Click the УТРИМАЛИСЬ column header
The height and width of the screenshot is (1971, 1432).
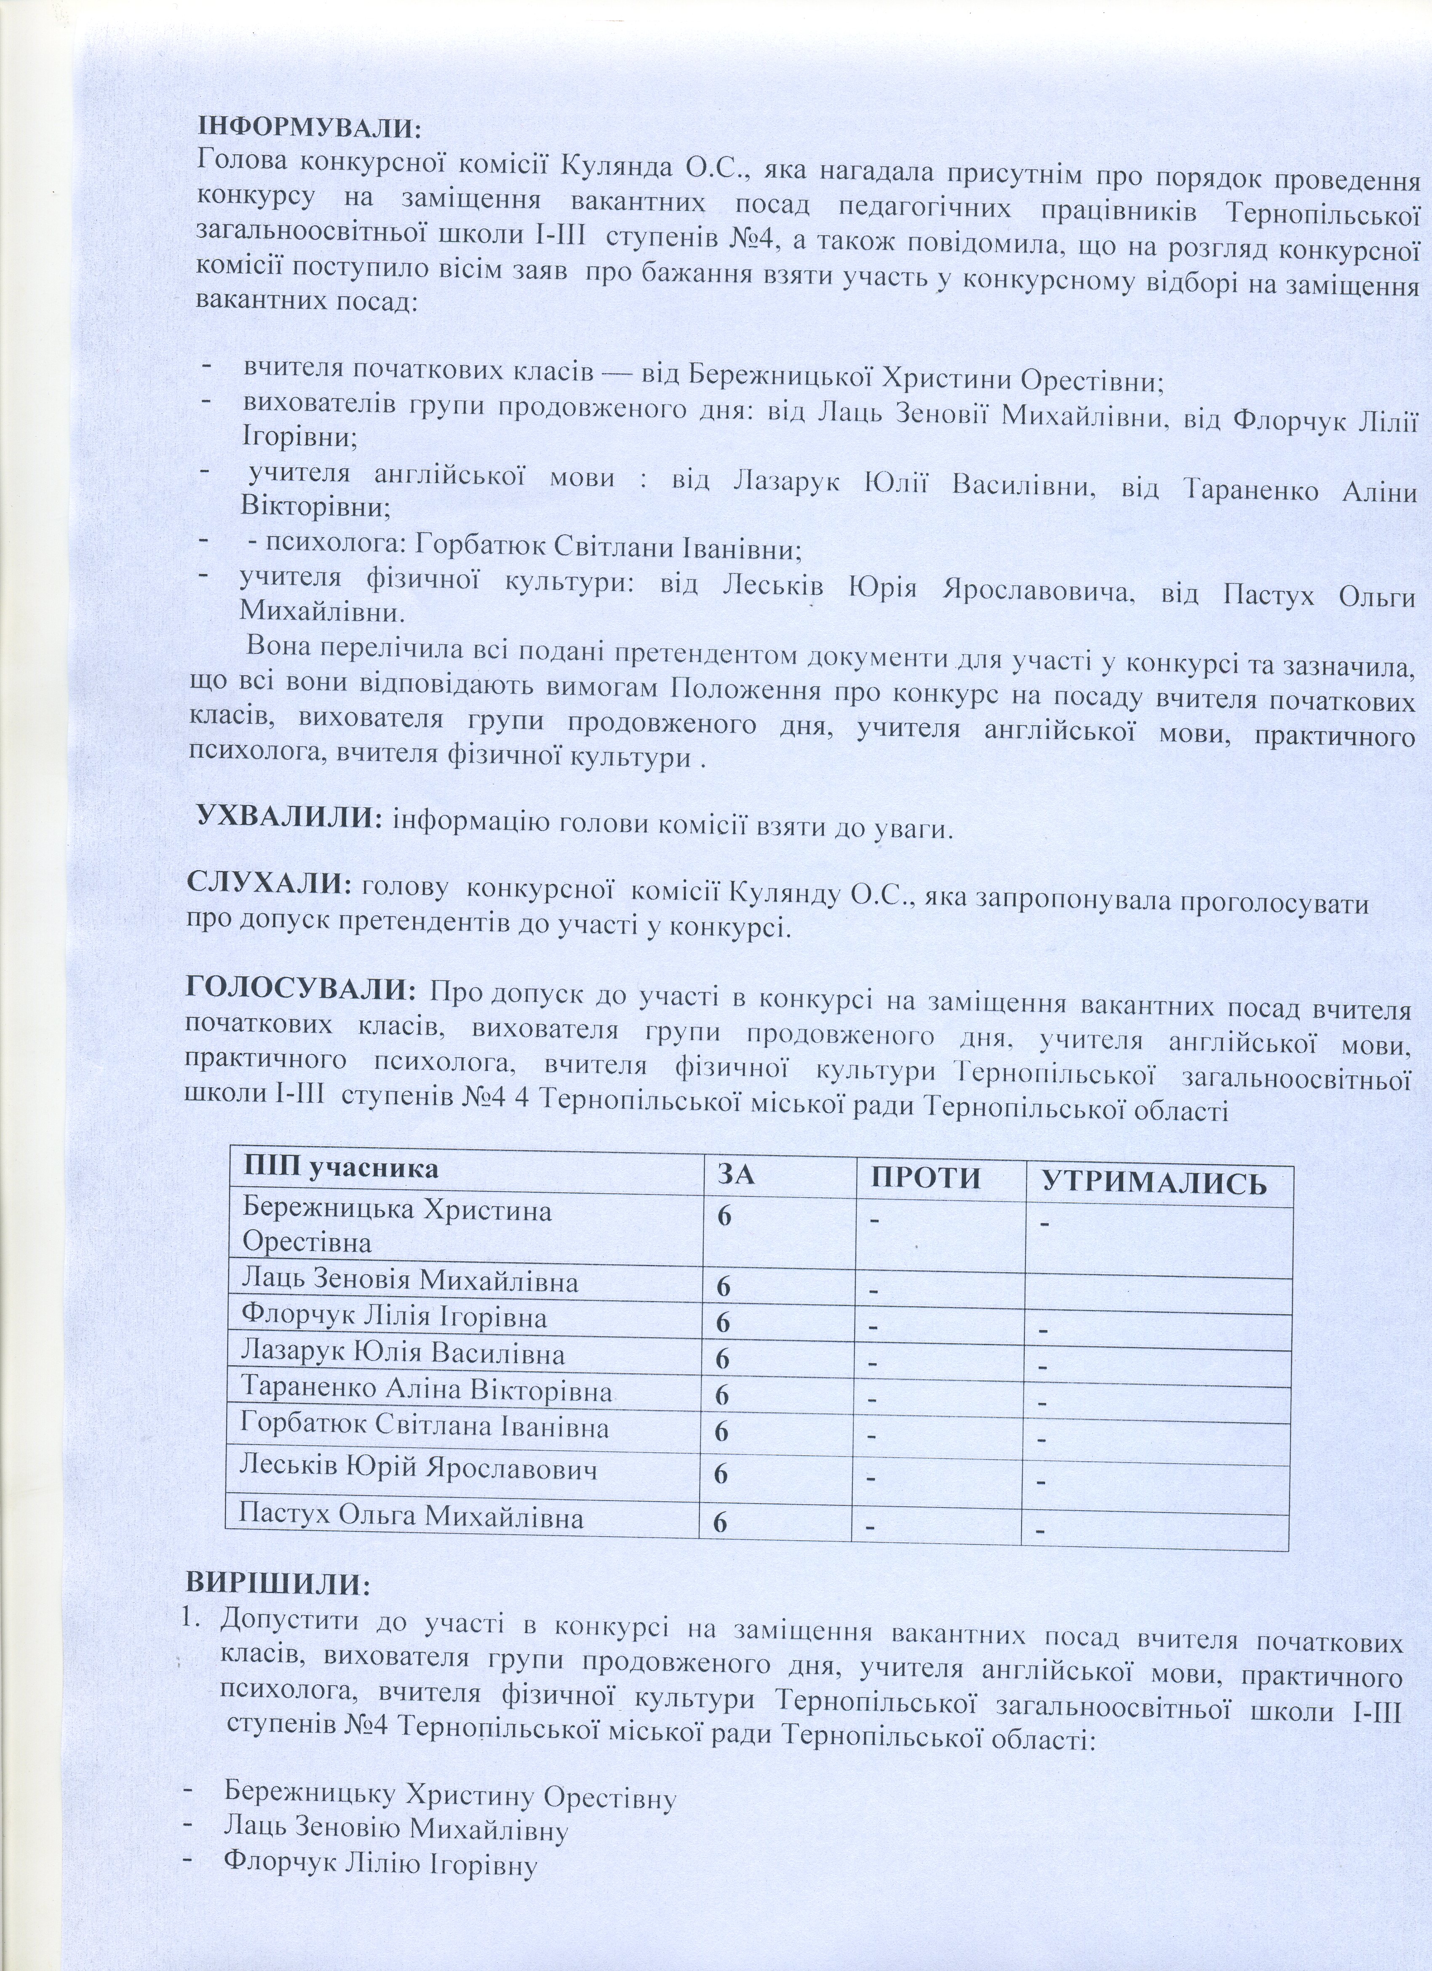tap(1153, 1183)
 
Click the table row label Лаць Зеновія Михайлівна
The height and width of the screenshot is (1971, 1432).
tap(410, 1281)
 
